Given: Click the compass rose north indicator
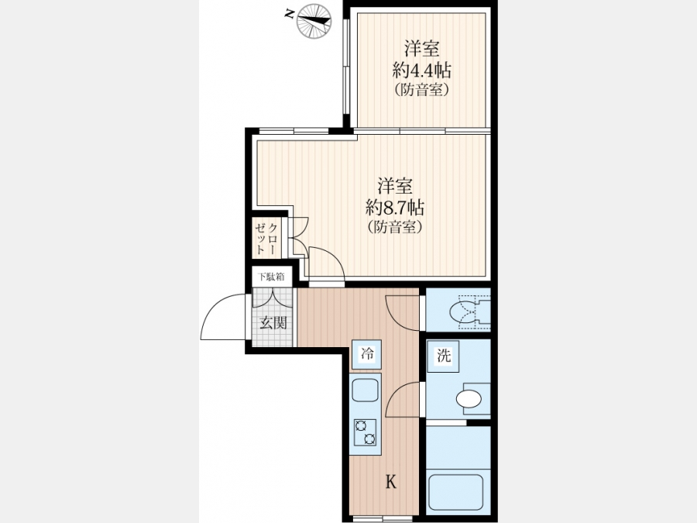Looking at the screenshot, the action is coord(314,19).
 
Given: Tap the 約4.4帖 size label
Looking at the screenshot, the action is coord(421,70).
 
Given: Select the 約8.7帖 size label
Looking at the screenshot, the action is coord(395,207).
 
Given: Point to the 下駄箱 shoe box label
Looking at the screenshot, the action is coord(271,277).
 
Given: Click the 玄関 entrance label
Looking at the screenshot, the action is coord(273,323).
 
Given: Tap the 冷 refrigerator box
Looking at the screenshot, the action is coord(367,354).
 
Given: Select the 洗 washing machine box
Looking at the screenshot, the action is coord(444,356).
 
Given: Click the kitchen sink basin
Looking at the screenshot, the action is coord(366,390).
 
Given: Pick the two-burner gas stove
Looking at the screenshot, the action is coord(365,432).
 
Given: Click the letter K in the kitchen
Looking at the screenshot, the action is coord(391,481).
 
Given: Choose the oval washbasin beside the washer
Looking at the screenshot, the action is coord(469,398).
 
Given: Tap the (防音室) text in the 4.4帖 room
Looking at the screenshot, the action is coord(421,91).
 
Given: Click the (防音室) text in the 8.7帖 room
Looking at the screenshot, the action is coord(395,227).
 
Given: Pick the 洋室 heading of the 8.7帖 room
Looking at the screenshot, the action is coord(395,185).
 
